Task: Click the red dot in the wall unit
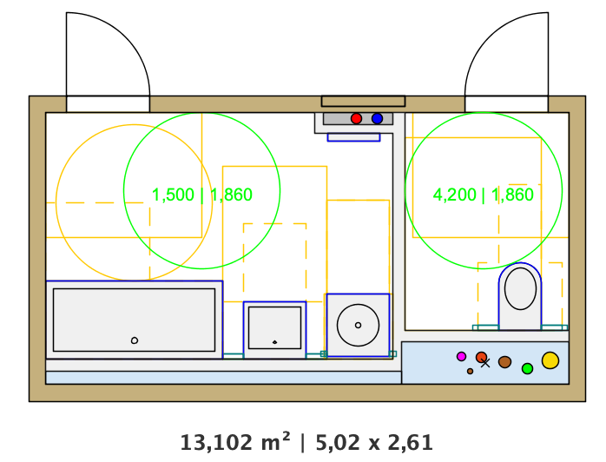pyautogui.click(x=356, y=119)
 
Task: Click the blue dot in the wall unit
pyautogui.click(x=377, y=119)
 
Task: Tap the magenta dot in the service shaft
pyautogui.click(x=461, y=356)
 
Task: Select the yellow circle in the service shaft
pyautogui.click(x=550, y=360)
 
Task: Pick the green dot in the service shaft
pyautogui.click(x=528, y=369)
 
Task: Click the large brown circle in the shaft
pyautogui.click(x=504, y=362)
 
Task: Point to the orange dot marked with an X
pyautogui.click(x=482, y=357)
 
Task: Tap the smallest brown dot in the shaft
pyautogui.click(x=470, y=371)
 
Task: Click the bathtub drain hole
pyautogui.click(x=135, y=340)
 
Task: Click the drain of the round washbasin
pyautogui.click(x=358, y=325)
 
